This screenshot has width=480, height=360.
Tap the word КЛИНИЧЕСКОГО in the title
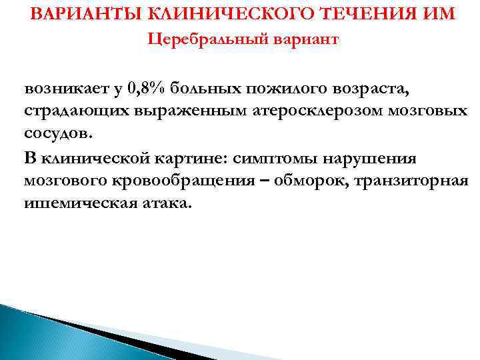pyautogui.click(x=207, y=14)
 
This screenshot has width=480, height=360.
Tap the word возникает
pyautogui.click(x=68, y=87)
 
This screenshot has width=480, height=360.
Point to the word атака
pyautogui.click(x=168, y=203)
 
